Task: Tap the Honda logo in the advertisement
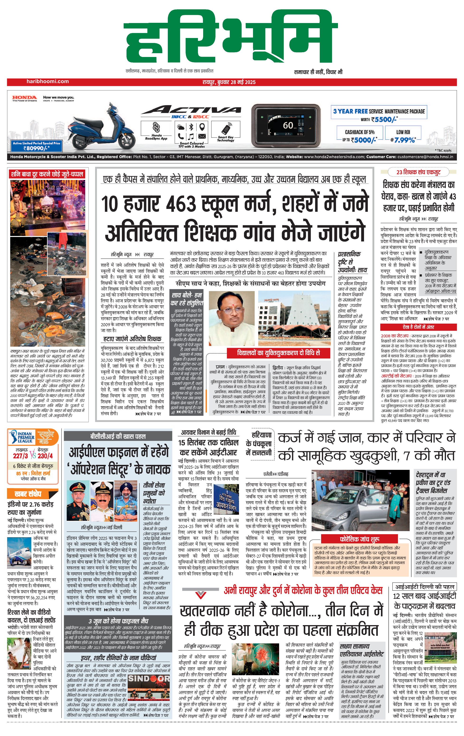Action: coord(24,98)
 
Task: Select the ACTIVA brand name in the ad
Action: coord(191,110)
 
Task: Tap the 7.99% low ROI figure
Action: coord(404,140)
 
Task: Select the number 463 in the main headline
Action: coord(180,204)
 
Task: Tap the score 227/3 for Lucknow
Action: coord(20,456)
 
